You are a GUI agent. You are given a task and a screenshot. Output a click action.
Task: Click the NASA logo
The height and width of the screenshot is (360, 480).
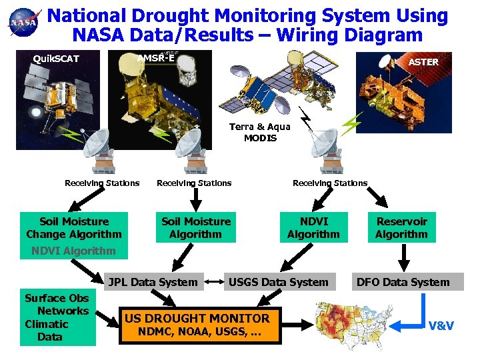click(23, 24)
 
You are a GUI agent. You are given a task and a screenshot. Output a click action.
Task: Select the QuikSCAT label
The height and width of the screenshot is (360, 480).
click(57, 59)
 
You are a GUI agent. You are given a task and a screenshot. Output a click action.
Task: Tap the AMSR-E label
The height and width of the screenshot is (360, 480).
click(155, 57)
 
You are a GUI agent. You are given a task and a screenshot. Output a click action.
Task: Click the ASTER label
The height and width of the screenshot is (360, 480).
click(423, 62)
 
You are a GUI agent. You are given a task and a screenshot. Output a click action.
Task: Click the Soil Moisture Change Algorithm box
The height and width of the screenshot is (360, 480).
click(74, 227)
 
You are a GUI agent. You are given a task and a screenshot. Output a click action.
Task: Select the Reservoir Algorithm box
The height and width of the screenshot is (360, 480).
click(401, 227)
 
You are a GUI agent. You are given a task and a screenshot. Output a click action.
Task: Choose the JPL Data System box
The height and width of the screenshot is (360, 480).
click(153, 282)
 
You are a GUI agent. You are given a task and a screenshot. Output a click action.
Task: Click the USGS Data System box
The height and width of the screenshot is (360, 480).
click(279, 282)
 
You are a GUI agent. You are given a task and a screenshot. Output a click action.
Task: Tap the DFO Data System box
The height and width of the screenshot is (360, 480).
click(403, 282)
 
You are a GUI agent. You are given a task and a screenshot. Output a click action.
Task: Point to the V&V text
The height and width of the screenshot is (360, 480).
click(441, 326)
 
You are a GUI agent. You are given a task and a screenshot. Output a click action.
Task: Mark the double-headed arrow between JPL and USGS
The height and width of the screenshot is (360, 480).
click(214, 282)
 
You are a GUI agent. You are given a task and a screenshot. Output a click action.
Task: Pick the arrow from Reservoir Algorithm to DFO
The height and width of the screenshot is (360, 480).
click(403, 257)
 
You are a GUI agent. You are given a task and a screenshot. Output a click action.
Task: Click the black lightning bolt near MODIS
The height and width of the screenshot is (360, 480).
click(306, 121)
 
